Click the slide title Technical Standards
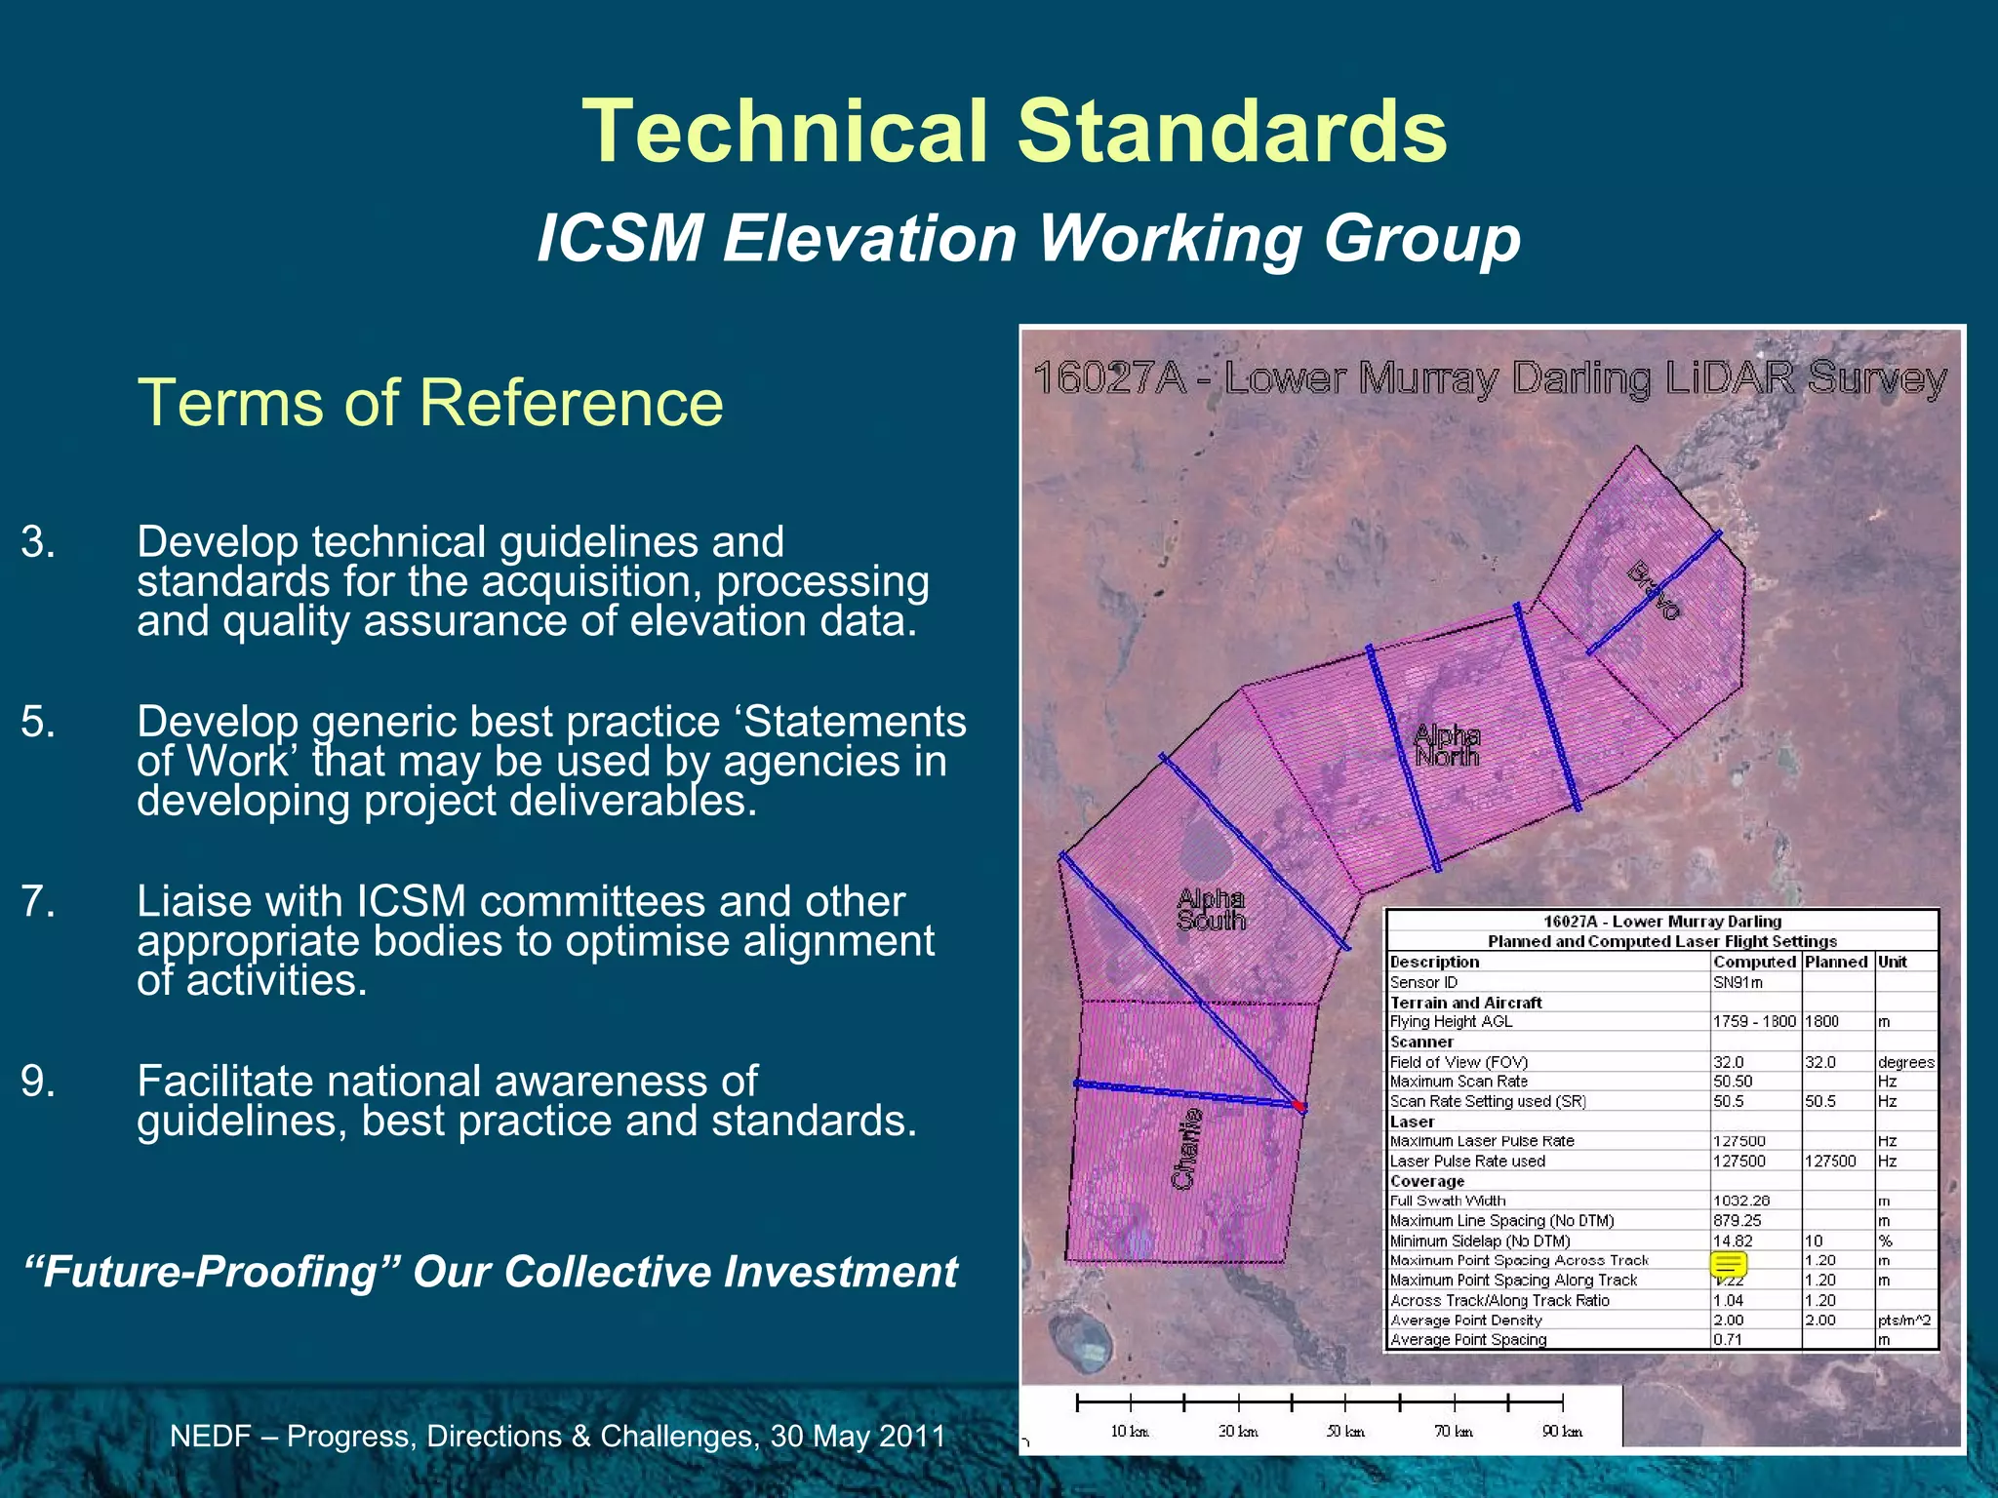(x=1015, y=132)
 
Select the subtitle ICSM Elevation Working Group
(x=1028, y=239)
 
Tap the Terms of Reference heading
(x=430, y=403)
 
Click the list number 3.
(x=38, y=542)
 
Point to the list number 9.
(x=38, y=1082)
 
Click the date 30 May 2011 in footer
(x=858, y=1437)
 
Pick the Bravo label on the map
(x=1655, y=591)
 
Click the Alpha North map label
(x=1447, y=746)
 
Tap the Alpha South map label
(x=1211, y=909)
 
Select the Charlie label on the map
(x=1186, y=1149)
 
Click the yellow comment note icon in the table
(x=1728, y=1265)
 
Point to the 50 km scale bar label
(x=1345, y=1431)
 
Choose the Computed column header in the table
(x=1754, y=962)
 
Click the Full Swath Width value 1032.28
(x=1741, y=1201)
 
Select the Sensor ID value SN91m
(x=1738, y=982)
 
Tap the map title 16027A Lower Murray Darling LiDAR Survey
(x=1490, y=378)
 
